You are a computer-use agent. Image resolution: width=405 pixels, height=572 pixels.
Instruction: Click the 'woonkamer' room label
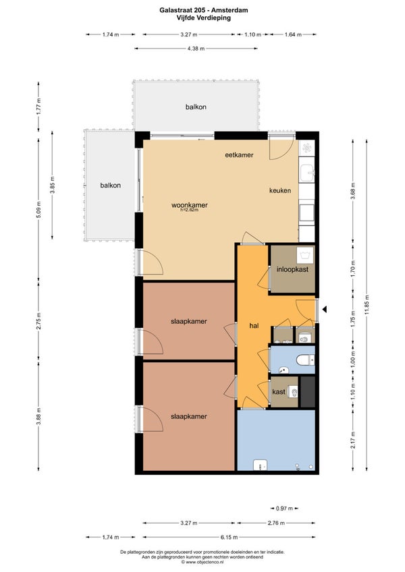click(x=190, y=204)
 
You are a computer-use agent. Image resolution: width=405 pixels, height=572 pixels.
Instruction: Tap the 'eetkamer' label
click(x=239, y=154)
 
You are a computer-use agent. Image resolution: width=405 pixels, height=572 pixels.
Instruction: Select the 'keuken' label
click(x=280, y=190)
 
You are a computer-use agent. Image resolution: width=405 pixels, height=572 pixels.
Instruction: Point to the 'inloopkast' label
click(x=292, y=269)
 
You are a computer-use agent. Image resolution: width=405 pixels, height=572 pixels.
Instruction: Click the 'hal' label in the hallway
click(x=254, y=326)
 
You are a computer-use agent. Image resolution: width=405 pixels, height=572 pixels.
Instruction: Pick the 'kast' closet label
click(x=279, y=392)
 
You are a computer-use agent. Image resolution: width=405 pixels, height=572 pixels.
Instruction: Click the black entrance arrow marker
click(x=324, y=310)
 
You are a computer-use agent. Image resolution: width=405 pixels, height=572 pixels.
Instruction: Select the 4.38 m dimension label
click(x=196, y=48)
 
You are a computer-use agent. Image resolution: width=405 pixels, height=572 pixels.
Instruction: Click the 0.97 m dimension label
click(x=284, y=508)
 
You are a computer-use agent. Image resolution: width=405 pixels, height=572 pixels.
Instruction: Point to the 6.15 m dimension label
click(x=229, y=537)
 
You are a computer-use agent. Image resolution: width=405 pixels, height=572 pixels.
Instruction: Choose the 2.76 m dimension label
click(x=276, y=523)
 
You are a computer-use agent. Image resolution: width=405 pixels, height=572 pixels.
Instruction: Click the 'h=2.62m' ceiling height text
click(x=190, y=210)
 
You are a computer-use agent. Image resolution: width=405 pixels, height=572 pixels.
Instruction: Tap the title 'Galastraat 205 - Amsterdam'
click(x=204, y=10)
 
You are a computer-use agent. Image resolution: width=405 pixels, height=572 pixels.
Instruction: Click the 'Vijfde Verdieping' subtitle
click(x=204, y=18)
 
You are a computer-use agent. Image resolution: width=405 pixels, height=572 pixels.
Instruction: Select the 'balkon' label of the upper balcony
click(x=196, y=107)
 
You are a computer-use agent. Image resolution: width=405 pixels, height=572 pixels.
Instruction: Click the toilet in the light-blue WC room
click(x=305, y=360)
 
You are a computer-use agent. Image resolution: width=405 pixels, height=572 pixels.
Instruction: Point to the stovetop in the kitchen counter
click(x=306, y=148)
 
